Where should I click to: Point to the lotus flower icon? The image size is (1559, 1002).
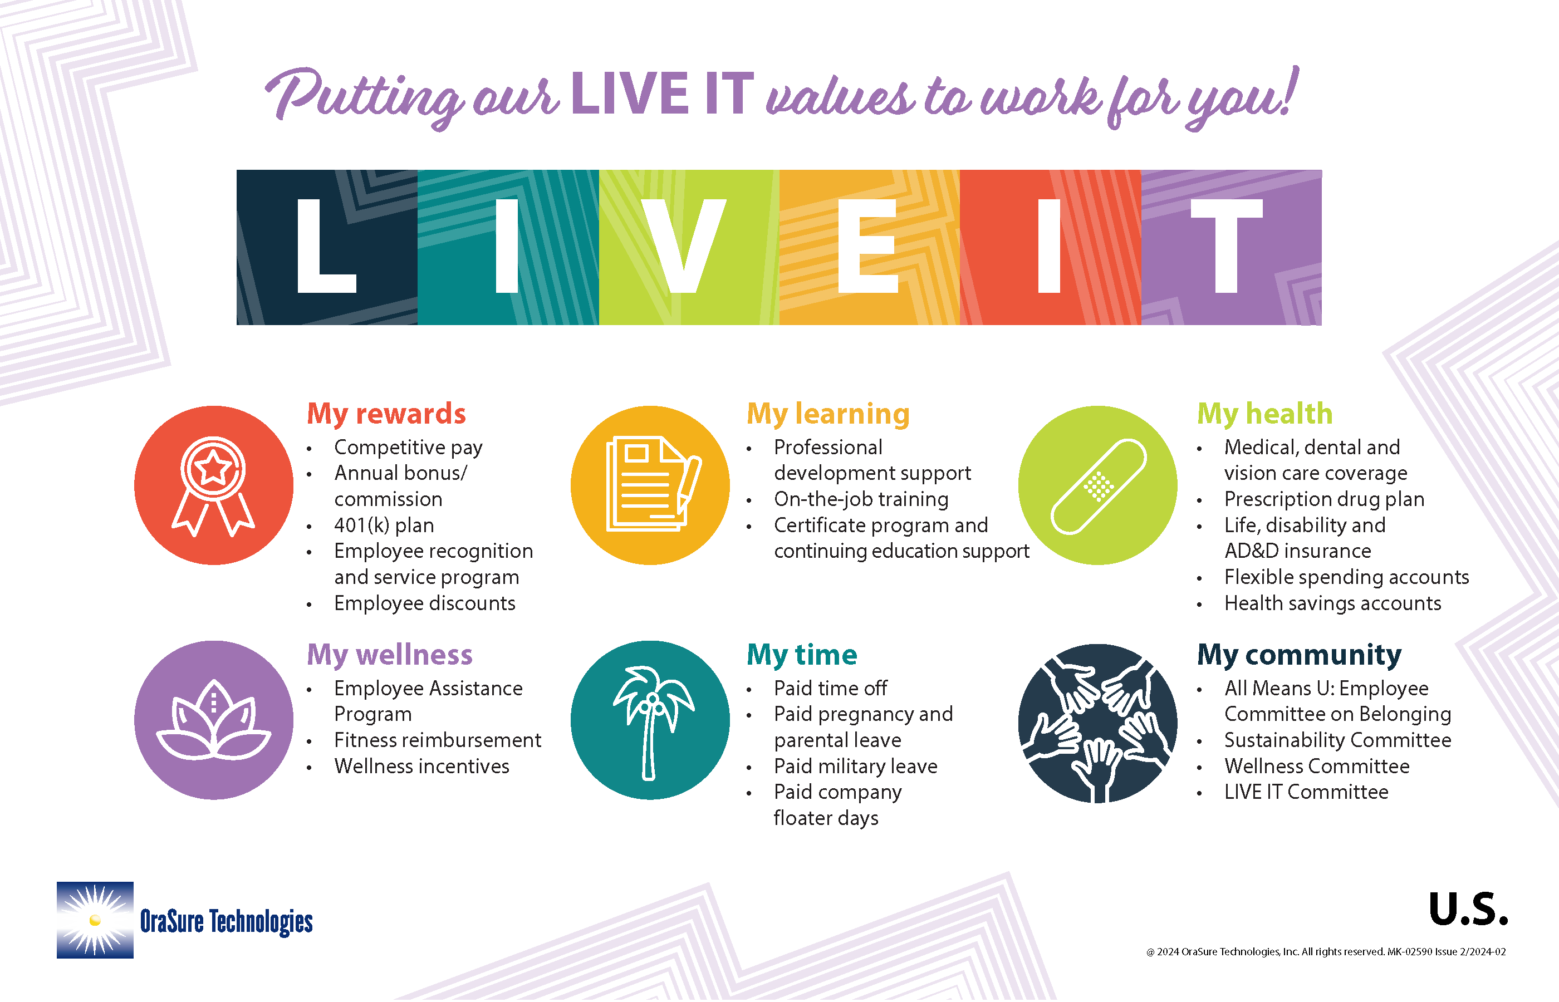point(213,720)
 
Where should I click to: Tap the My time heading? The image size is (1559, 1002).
point(802,655)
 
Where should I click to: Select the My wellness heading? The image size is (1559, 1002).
point(390,655)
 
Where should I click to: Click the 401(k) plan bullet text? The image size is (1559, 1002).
point(384,525)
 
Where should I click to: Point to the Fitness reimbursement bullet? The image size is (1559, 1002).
point(437,740)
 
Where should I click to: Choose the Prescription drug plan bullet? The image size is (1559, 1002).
point(1324,499)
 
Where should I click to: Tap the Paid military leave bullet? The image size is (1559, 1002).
point(856,766)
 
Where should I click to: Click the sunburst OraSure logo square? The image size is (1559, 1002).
point(95,920)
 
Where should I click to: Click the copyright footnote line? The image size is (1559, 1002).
point(1325,951)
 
